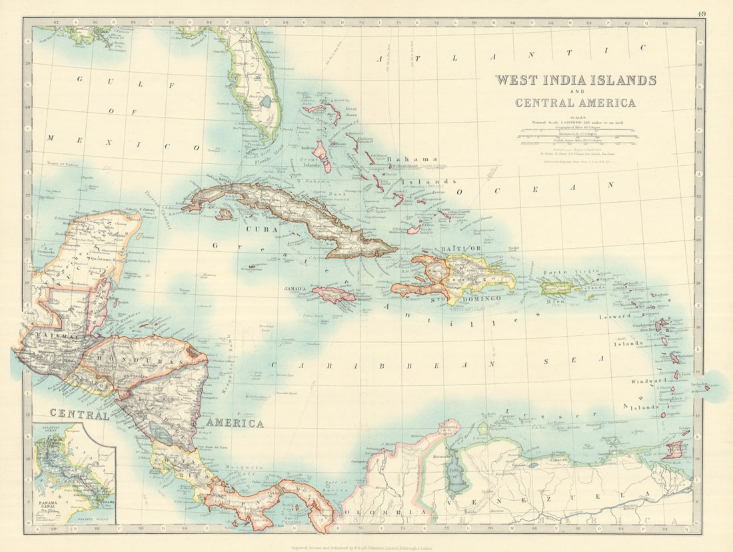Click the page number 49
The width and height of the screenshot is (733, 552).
pos(702,13)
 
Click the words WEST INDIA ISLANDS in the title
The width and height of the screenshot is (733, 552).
pos(575,80)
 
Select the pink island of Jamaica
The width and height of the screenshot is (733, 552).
pos(334,294)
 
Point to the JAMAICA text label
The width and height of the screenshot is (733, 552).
pos(295,289)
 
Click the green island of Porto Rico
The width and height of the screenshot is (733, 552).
pos(556,287)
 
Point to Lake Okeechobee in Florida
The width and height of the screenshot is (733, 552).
pos(266,102)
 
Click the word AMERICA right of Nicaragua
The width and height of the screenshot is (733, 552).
pos(234,423)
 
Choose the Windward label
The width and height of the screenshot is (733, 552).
pos(648,381)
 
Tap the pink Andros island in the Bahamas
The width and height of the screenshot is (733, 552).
pos(322,155)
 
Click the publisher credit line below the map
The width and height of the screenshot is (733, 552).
pos(366,543)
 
